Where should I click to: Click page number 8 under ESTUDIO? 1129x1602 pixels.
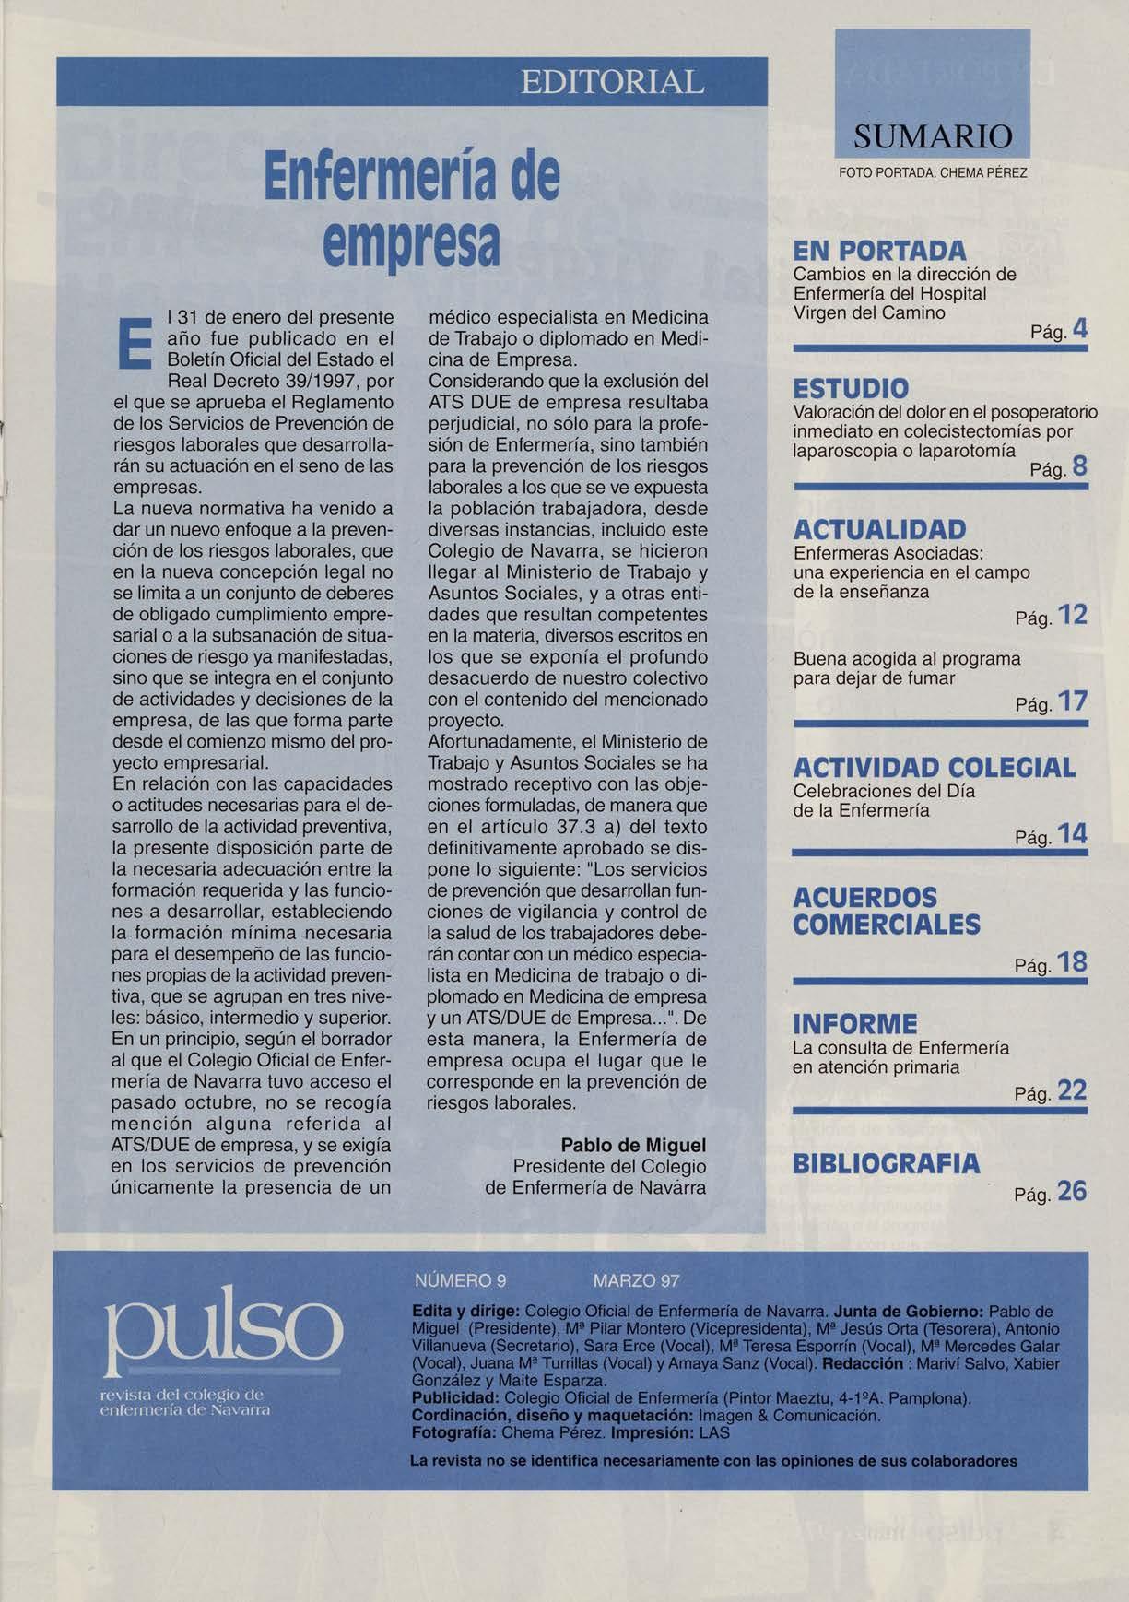point(1080,468)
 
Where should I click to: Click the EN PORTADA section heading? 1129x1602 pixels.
point(879,251)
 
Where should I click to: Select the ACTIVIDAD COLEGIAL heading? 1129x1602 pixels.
point(934,768)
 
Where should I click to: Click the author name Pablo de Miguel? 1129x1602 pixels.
point(633,1145)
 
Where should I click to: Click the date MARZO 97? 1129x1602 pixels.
point(637,1280)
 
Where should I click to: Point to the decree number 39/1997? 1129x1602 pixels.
point(313,381)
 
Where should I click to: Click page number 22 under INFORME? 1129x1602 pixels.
point(1073,1091)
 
